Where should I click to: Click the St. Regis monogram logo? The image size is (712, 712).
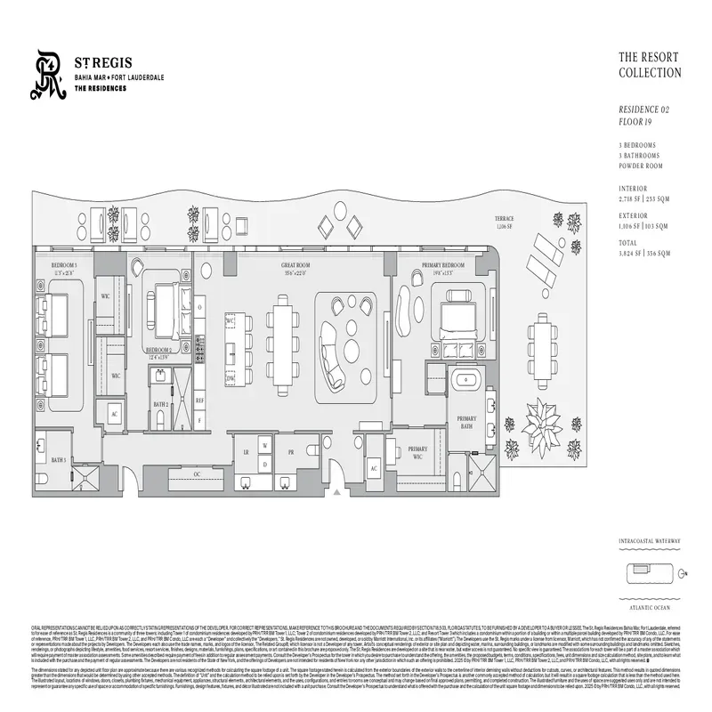coord(48,75)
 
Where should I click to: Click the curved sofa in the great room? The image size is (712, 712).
coord(336,352)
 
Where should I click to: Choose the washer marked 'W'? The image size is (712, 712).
coord(263,442)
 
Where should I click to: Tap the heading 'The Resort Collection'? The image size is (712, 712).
coord(650,65)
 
